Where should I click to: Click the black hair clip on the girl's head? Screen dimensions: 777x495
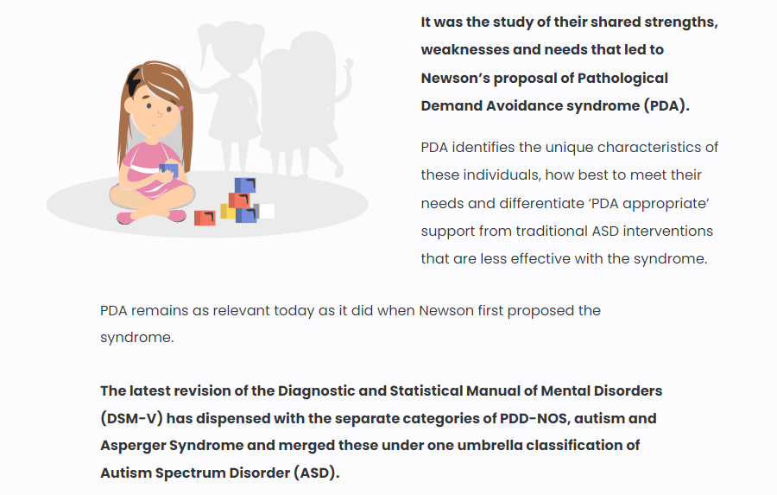(134, 82)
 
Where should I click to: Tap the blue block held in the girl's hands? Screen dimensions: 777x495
(169, 170)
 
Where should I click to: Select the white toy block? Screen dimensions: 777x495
(266, 211)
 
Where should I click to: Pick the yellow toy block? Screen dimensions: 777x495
(227, 212)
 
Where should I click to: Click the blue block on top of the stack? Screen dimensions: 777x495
(245, 185)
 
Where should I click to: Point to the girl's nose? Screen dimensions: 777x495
(160, 115)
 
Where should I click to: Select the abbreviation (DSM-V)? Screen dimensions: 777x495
(131, 419)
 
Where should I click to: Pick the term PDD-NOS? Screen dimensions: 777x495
(533, 419)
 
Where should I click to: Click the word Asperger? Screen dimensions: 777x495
(133, 446)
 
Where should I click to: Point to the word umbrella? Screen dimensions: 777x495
(490, 446)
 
